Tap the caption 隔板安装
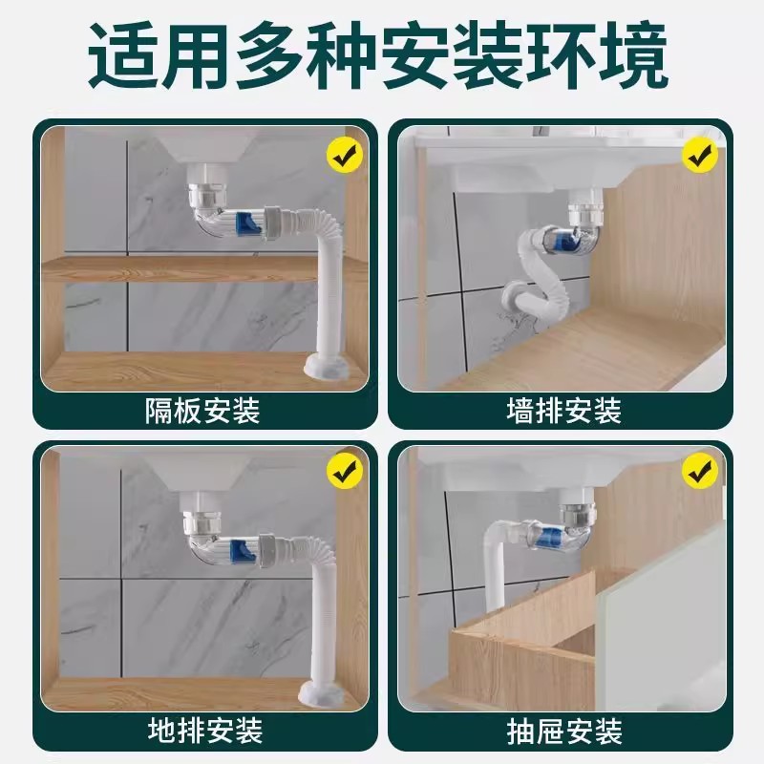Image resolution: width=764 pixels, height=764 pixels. point(202,411)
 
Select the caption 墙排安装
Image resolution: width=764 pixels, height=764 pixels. point(563,411)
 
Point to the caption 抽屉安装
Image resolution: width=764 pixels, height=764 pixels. point(563,732)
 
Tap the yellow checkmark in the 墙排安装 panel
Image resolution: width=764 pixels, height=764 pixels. point(700,152)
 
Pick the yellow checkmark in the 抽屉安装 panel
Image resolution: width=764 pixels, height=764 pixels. point(700,471)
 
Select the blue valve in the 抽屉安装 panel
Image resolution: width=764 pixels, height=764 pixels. point(552,538)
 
